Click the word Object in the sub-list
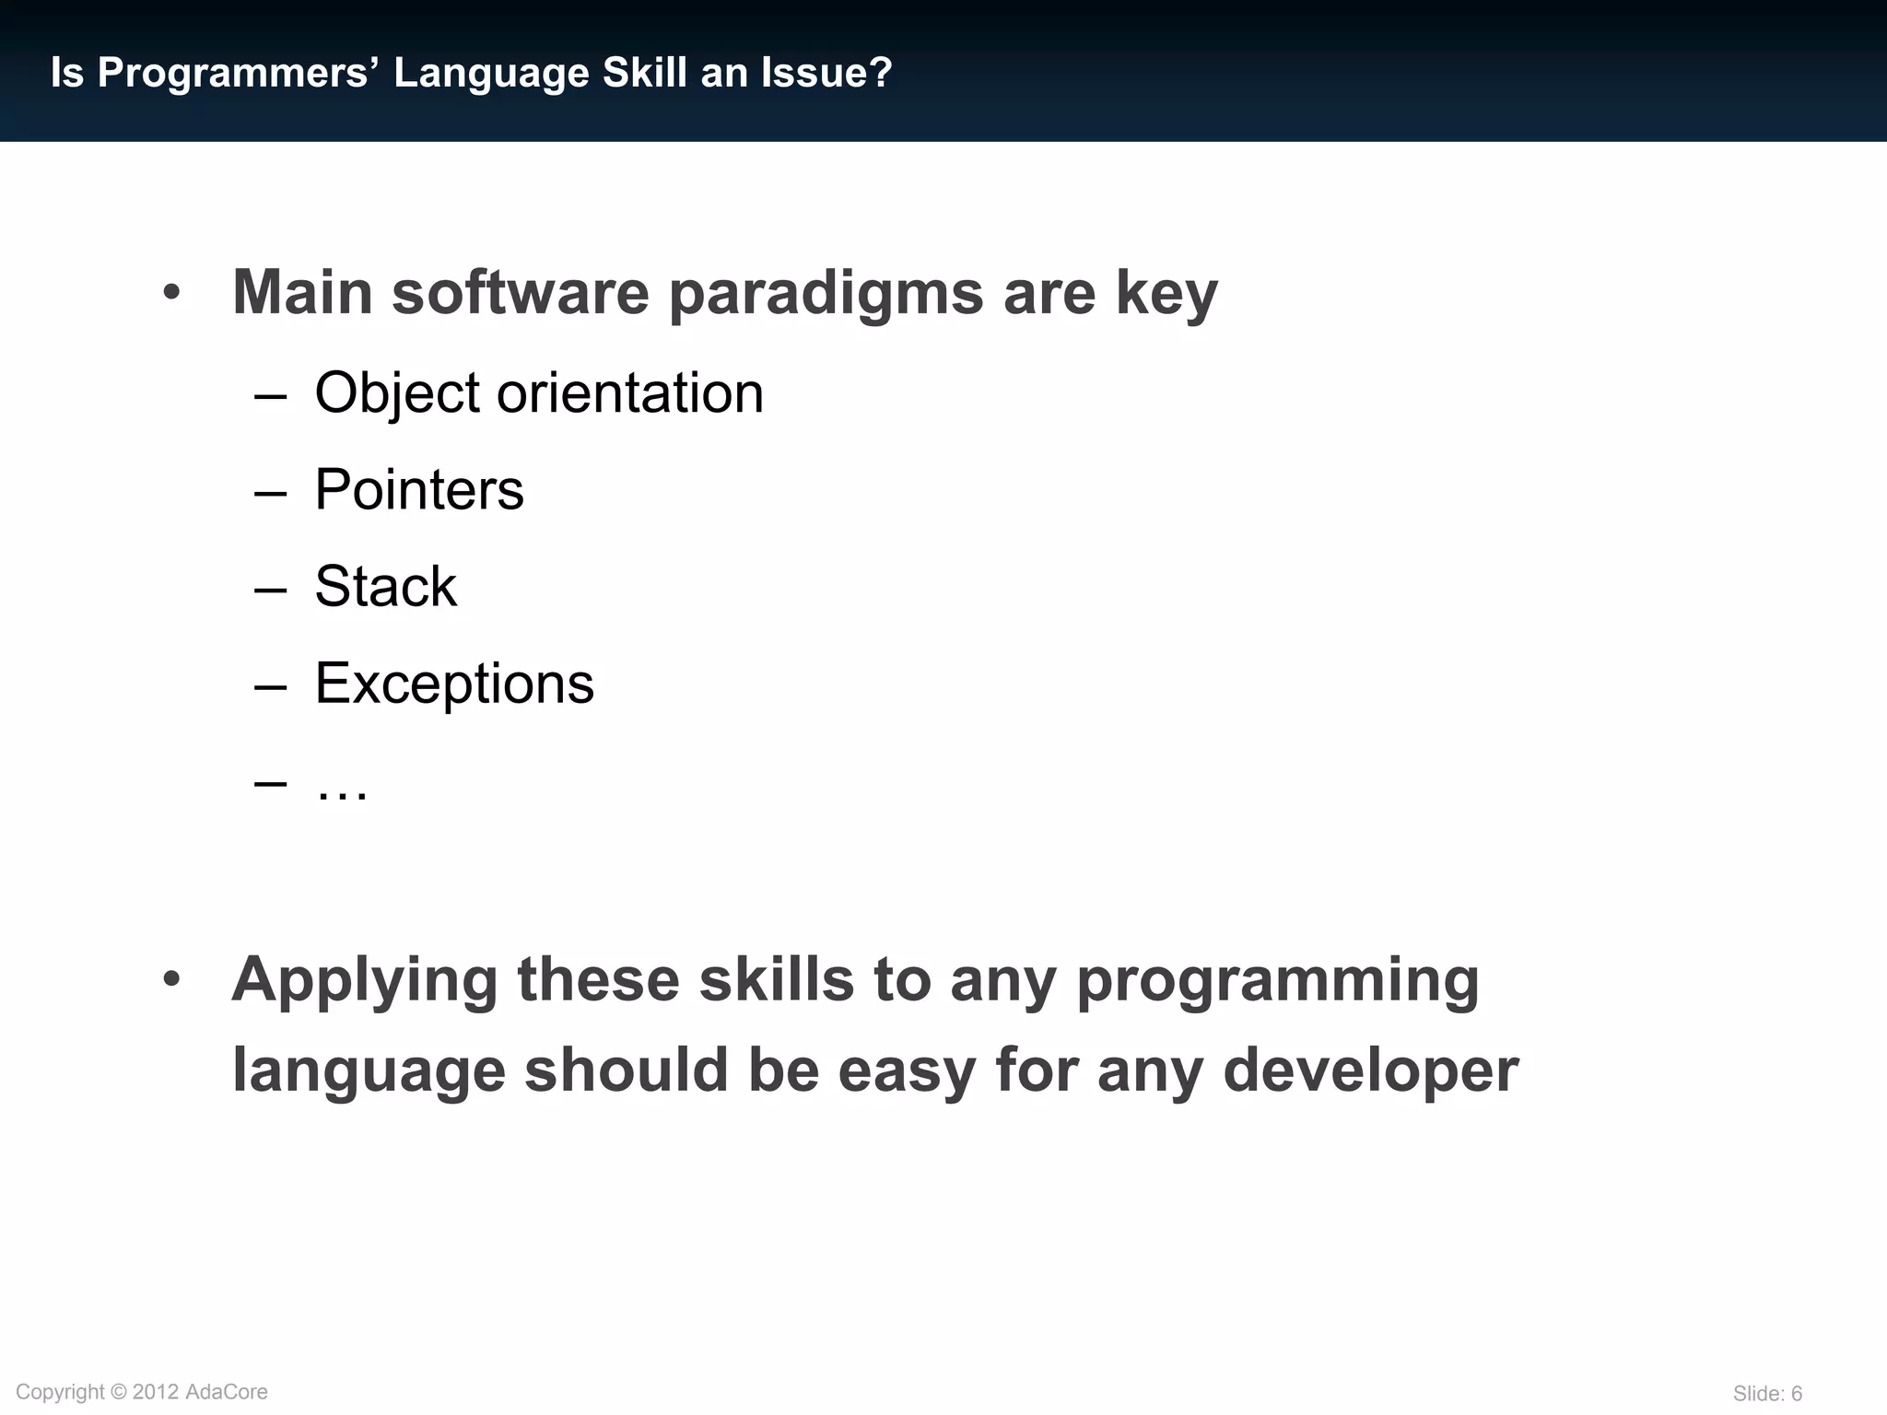[397, 394]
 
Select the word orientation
[630, 393]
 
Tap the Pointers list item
[419, 489]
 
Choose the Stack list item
[385, 586]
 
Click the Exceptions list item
[454, 684]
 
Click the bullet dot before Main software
[171, 294]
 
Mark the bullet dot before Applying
[171, 979]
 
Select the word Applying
[365, 981]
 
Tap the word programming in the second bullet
[1277, 981]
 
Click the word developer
[1370, 1071]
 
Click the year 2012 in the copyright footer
[156, 1392]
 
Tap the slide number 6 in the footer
[1796, 1394]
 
